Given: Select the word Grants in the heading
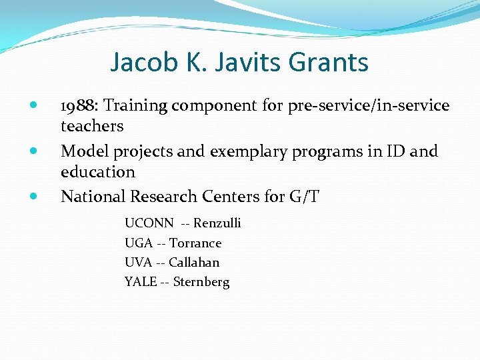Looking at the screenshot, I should click(329, 63).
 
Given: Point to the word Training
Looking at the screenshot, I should click(136, 105).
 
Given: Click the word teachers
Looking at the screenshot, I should click(92, 126).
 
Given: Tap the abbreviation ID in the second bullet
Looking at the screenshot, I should click(393, 151).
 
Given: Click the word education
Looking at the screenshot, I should click(98, 172).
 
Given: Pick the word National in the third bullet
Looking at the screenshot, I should click(93, 197).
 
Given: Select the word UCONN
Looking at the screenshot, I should click(149, 223).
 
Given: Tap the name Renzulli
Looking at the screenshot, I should click(217, 223).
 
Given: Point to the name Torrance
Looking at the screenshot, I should click(195, 243).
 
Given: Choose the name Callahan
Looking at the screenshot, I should click(194, 263).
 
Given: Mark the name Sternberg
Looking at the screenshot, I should click(201, 282).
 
